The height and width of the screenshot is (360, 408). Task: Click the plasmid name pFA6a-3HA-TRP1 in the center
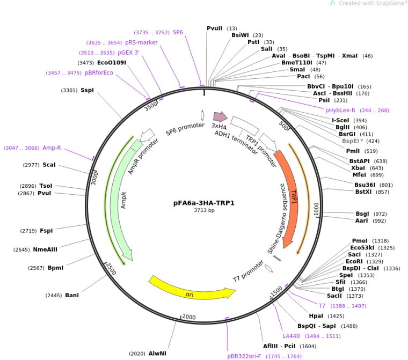point(203,203)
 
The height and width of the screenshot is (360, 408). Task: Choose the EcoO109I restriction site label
point(112,63)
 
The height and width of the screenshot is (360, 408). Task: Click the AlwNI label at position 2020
point(157,354)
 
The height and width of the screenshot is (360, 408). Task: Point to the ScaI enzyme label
point(49,165)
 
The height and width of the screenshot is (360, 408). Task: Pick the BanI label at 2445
point(72,295)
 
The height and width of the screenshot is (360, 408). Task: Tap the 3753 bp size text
point(203,211)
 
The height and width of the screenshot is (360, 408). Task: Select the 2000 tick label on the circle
point(188,317)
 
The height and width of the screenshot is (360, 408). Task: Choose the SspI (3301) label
point(87,90)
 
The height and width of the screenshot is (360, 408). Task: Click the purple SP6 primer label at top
point(178,32)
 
